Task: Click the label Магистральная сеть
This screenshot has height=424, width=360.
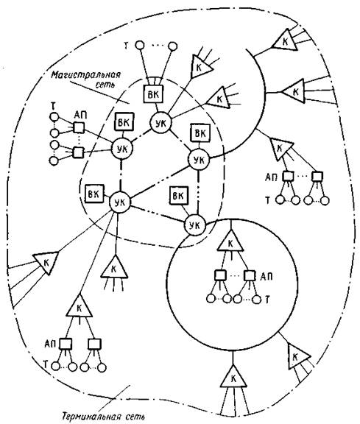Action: pos(85,79)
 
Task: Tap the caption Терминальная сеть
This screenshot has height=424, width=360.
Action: pos(103,417)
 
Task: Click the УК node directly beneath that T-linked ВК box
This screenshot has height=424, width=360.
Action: pos(161,123)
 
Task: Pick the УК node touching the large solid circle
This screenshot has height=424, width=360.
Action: pos(195,225)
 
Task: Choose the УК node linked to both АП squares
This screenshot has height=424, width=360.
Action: pos(122,149)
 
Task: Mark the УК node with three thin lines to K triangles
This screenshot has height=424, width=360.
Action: pos(120,202)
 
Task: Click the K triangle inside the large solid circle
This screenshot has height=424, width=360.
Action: pos(230,241)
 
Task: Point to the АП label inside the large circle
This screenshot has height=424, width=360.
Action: pos(267,276)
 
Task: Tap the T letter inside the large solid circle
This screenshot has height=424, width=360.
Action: pos(267,300)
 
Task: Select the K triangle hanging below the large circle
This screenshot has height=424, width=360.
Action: pos(233,378)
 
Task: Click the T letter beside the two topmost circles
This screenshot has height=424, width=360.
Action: pos(126,46)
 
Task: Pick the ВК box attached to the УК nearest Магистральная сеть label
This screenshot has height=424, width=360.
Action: pos(124,122)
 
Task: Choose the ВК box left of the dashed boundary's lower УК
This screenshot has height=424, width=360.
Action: pos(94,194)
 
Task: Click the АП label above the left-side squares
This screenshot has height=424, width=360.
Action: pos(80,115)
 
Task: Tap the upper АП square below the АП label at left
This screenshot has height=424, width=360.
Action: pos(79,127)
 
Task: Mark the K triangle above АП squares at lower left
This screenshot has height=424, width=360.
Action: pos(80,307)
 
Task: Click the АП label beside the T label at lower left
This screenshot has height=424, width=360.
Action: pos(51,344)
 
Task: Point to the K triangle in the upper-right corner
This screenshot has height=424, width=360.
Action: pos(285,40)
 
